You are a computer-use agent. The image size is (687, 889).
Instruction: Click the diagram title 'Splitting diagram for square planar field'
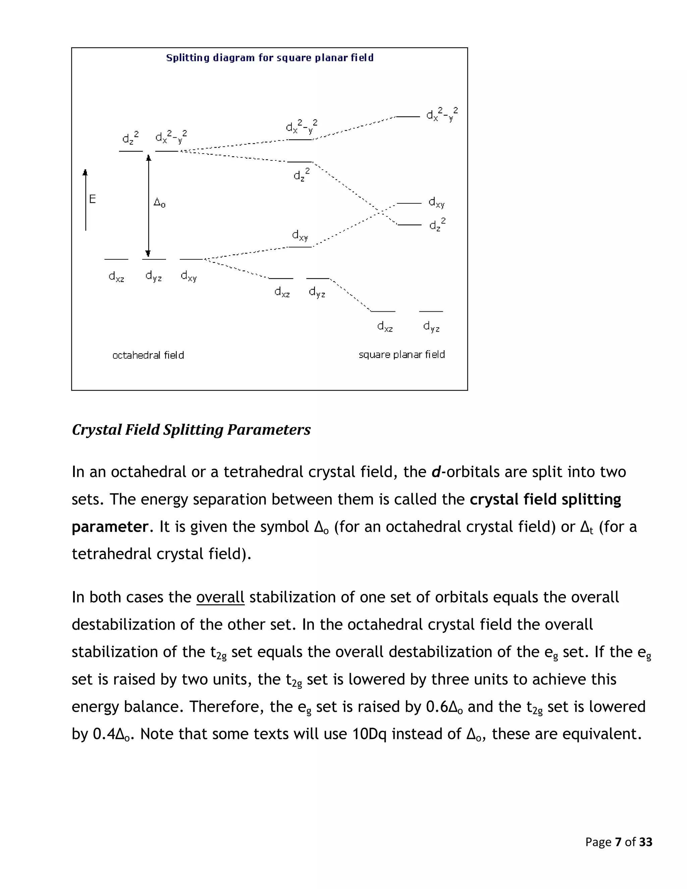click(x=269, y=58)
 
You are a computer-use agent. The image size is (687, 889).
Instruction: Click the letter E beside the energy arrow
click(x=92, y=199)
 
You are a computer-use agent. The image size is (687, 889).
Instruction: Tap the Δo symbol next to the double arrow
click(x=159, y=202)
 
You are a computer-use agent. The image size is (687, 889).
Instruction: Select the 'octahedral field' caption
click(x=148, y=355)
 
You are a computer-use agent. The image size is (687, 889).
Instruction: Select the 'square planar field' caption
click(x=401, y=355)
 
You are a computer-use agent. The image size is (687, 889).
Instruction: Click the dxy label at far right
click(x=437, y=202)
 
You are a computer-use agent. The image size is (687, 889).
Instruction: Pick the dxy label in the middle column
click(x=300, y=235)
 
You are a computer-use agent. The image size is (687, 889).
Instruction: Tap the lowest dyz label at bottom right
click(x=431, y=326)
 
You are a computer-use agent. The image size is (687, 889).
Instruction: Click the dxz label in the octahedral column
click(x=116, y=277)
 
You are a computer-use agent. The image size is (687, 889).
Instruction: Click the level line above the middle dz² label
click(x=300, y=162)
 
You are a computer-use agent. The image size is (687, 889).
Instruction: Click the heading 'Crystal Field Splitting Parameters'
click(x=191, y=430)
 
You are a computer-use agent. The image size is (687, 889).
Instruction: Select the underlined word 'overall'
click(x=220, y=597)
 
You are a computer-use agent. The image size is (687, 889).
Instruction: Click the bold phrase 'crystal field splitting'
click(x=545, y=499)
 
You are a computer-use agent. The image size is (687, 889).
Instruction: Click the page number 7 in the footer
click(x=618, y=842)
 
